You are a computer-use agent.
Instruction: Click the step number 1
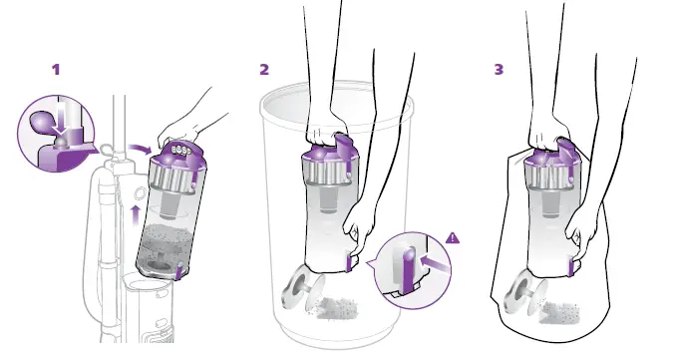pos(56,70)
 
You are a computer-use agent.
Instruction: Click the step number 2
pos(264,70)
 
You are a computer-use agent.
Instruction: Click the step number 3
pos(499,70)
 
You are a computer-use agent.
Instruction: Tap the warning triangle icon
pos(455,237)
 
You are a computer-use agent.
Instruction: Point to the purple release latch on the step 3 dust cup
pos(573,264)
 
